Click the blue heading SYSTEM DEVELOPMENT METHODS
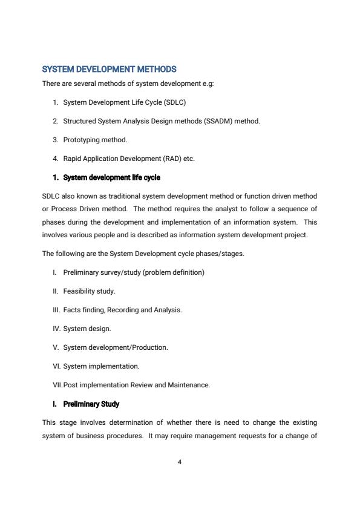[109, 70]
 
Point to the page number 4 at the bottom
[180, 462]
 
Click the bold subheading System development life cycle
[111, 177]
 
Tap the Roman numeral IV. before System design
[56, 329]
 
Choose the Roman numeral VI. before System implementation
[56, 366]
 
